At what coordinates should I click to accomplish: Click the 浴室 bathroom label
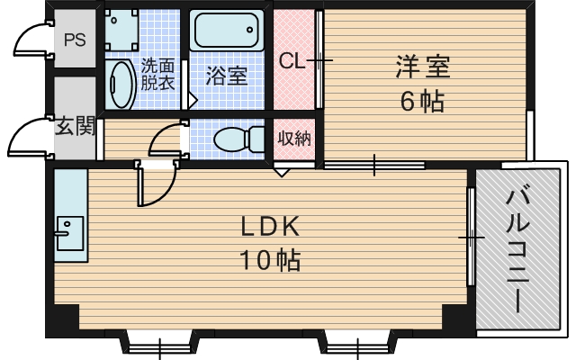tap(226, 75)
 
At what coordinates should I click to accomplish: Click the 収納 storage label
tap(293, 138)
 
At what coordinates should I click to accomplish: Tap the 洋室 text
tap(422, 67)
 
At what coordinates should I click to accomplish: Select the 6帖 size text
tap(422, 101)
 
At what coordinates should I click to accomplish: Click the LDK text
tap(267, 227)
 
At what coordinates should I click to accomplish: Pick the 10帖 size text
tap(268, 261)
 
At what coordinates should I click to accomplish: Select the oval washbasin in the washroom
tap(120, 84)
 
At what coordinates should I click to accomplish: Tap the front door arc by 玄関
tap(27, 137)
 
